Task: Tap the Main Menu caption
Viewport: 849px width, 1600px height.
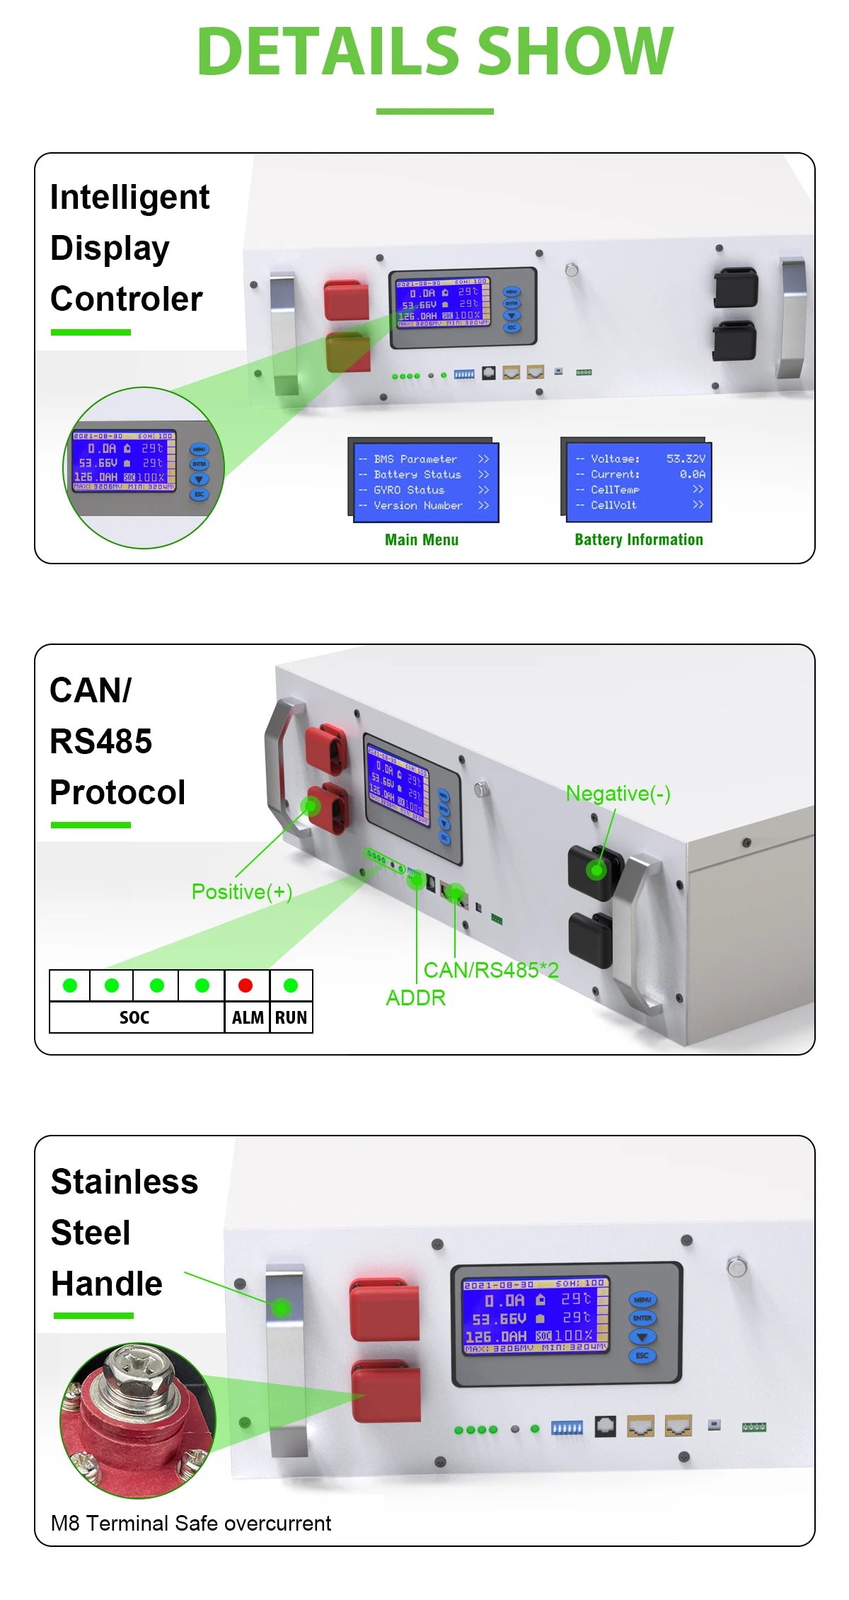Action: click(422, 539)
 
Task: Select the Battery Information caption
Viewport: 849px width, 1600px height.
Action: click(638, 539)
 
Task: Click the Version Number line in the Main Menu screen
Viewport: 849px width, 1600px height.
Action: click(417, 505)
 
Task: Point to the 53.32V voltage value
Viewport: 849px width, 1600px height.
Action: click(685, 459)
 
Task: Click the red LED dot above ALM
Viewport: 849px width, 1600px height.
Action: click(246, 985)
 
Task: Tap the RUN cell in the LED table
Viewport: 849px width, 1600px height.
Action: click(291, 1017)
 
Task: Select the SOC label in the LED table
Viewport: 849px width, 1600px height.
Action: click(134, 1017)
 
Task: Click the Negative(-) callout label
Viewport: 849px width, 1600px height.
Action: click(618, 794)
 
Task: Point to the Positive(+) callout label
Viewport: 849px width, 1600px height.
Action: click(242, 891)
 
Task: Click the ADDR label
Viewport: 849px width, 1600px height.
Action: click(415, 998)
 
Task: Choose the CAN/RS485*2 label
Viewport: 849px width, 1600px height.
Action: click(491, 970)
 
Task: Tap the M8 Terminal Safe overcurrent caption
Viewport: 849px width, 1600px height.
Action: click(191, 1523)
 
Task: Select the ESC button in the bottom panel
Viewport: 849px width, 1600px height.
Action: click(642, 1355)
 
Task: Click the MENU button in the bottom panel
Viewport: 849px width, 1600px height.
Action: click(642, 1300)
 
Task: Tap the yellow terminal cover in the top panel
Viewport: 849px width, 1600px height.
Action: click(347, 353)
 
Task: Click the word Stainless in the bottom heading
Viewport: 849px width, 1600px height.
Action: click(125, 1182)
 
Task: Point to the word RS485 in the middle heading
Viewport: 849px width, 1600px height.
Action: click(101, 741)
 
